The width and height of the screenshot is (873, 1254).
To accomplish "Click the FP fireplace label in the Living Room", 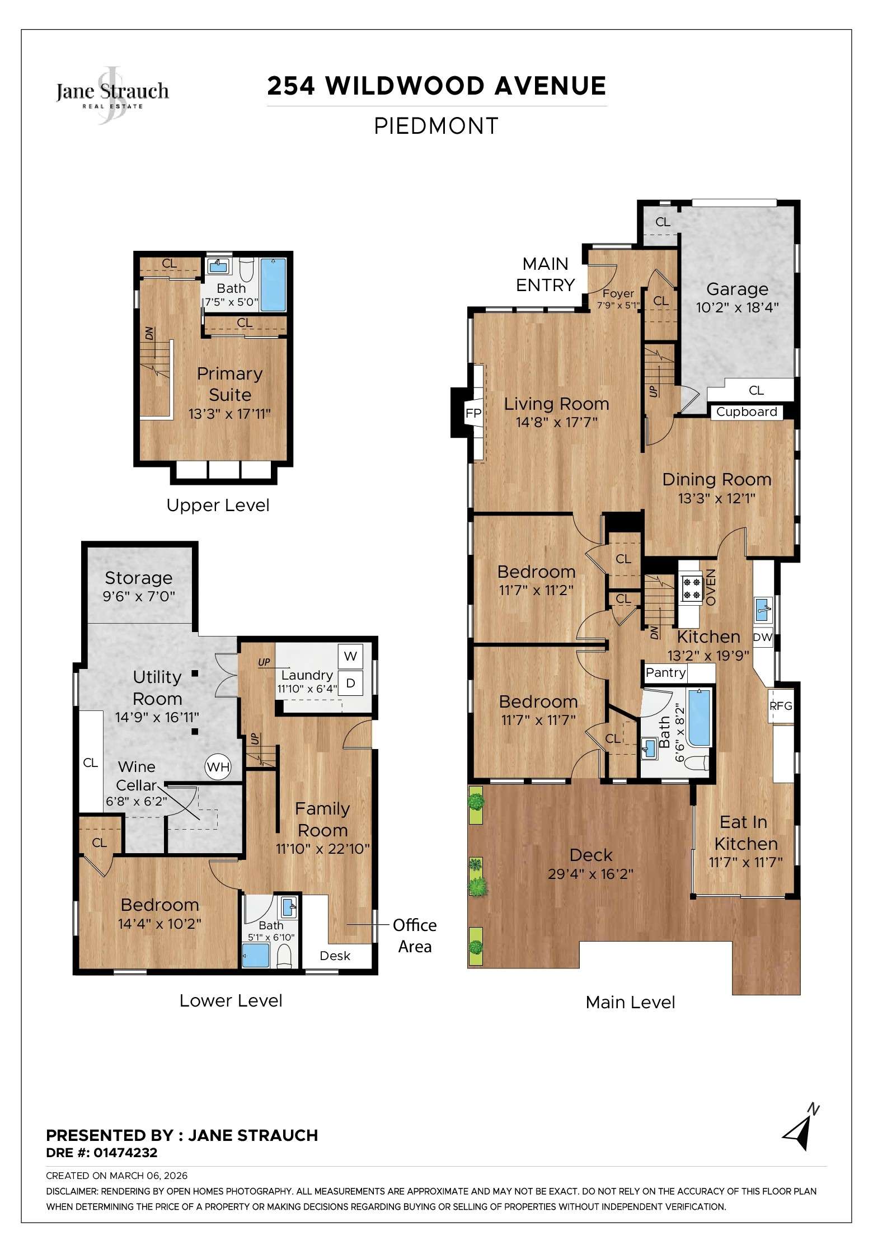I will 473,414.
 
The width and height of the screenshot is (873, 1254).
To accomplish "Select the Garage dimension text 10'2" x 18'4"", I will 737,307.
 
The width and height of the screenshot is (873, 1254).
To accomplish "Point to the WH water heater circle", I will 218,767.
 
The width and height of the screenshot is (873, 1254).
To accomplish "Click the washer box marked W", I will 351,656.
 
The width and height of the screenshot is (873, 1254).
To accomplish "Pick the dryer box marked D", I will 351,683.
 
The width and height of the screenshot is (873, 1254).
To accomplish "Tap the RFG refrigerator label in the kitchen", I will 781,706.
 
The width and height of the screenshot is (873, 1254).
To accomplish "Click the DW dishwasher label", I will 762,637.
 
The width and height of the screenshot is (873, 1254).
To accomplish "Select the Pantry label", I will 665,672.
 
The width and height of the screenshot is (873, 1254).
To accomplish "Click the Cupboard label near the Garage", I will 747,412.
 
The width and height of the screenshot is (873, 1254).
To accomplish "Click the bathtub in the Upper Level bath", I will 273,284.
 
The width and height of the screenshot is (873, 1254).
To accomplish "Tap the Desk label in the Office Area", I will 335,956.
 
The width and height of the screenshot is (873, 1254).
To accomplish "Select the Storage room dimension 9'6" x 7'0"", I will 139,596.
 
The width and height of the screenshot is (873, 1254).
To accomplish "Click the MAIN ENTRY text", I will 545,274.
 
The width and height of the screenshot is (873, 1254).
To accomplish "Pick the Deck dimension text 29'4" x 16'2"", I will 590,874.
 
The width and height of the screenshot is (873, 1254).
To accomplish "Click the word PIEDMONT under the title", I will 436,126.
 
